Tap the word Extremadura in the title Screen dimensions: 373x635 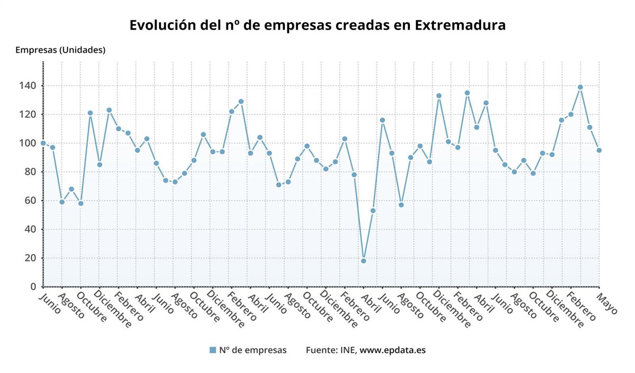tap(460, 25)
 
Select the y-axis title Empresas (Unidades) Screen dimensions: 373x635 tap(60, 50)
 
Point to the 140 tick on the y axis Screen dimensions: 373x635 tap(29, 86)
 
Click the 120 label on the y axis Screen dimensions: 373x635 tap(29, 114)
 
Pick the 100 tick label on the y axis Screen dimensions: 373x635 tap(29, 143)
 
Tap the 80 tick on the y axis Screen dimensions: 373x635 tap(31, 172)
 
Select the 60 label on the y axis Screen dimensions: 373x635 tap(31, 201)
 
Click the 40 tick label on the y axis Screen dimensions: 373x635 tap(31, 229)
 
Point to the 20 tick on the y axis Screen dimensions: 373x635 tap(31, 258)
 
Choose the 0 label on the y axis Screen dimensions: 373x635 tap(33, 287)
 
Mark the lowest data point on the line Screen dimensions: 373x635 tap(364, 261)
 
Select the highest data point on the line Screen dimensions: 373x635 tap(580, 87)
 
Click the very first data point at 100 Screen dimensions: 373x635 tap(43, 143)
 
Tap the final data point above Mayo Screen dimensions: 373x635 tap(599, 150)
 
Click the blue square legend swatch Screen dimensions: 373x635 tap(213, 350)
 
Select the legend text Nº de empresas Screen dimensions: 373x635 tap(253, 350)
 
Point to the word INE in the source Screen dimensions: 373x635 tap(348, 350)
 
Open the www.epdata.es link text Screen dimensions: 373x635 tap(393, 350)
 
